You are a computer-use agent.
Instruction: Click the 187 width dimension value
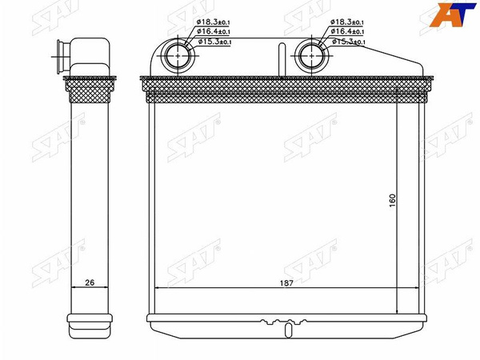pyautogui.click(x=286, y=283)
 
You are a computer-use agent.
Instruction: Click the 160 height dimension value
pyautogui.click(x=393, y=200)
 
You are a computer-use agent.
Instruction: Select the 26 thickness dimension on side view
pyautogui.click(x=90, y=282)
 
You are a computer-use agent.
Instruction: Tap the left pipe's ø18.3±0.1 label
pyautogui.click(x=213, y=22)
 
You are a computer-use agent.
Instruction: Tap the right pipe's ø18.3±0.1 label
pyautogui.click(x=347, y=22)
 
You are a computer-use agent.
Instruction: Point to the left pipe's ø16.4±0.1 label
pyautogui.click(x=214, y=31)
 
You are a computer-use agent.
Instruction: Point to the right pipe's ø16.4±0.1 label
pyautogui.click(x=347, y=31)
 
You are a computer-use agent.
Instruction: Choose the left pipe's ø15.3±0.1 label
pyautogui.click(x=214, y=42)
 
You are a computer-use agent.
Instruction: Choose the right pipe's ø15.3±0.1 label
pyautogui.click(x=348, y=42)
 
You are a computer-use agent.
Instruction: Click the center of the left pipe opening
pyautogui.click(x=178, y=56)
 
